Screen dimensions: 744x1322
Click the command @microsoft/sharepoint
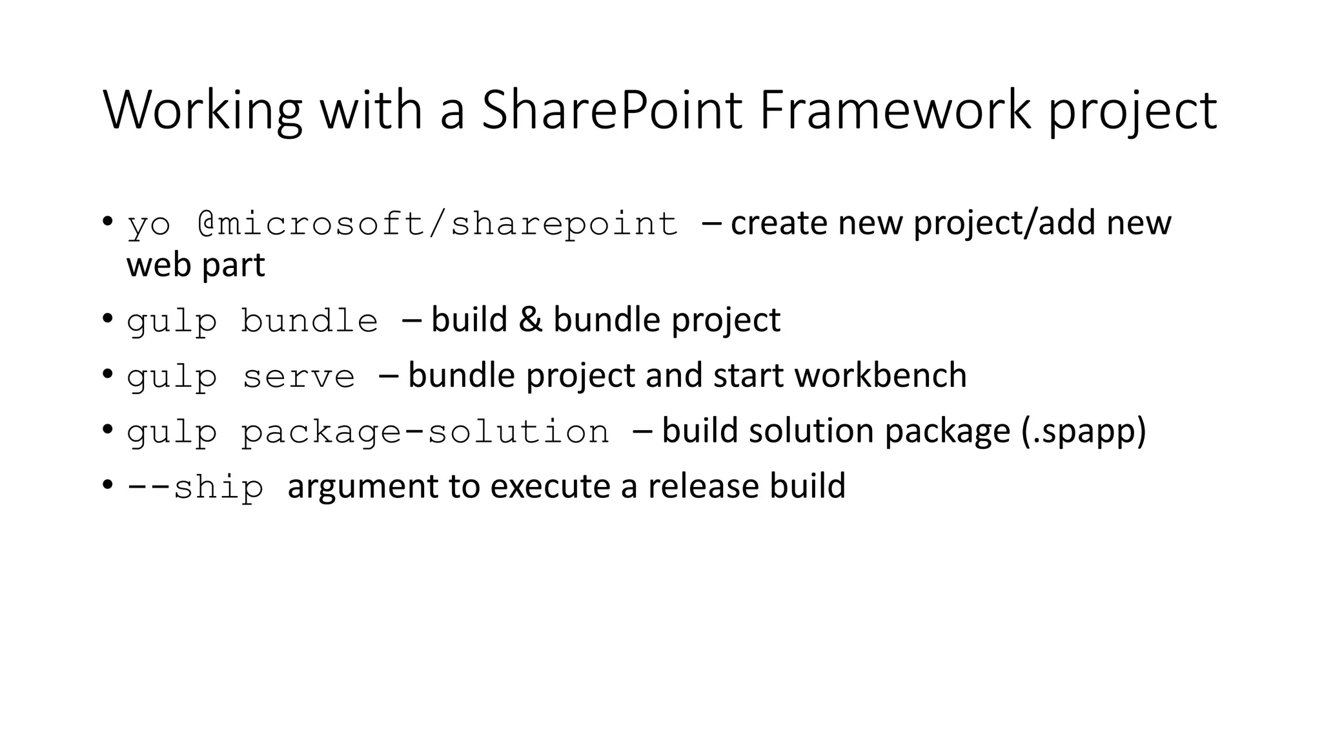[438, 224]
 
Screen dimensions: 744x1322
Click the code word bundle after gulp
[309, 321]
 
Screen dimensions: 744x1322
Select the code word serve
[298, 377]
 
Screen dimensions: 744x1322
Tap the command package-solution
[425, 431]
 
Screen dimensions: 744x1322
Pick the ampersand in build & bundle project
[530, 320]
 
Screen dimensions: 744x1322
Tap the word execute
[550, 486]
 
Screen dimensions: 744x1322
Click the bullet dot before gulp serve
[108, 375]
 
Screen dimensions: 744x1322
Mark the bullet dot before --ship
[108, 485]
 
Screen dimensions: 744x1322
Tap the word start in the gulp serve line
[749, 375]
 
